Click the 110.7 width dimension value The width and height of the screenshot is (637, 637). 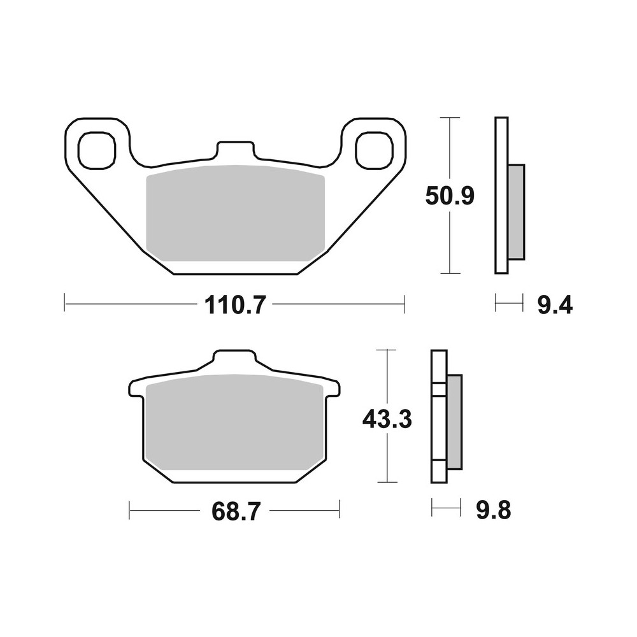234,306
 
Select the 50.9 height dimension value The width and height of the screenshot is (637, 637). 450,197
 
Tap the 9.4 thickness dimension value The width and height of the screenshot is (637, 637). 555,306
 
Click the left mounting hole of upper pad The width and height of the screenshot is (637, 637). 96,150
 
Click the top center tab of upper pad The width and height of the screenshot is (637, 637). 235,150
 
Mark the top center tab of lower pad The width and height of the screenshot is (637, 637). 234,358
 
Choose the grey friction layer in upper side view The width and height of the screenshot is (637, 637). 517,211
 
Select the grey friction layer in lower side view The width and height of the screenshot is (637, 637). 454,422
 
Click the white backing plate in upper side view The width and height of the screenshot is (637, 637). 501,196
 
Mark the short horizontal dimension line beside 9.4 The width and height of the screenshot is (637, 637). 508,303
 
